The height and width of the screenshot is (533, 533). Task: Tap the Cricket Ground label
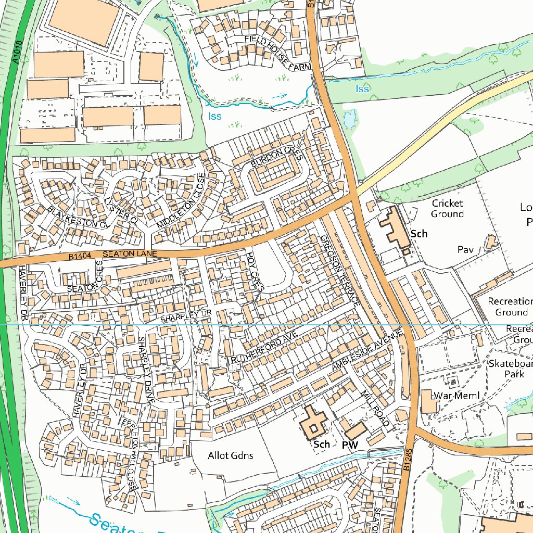(447, 208)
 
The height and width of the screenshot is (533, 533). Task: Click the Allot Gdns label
(230, 455)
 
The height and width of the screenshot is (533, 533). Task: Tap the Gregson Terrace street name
(340, 270)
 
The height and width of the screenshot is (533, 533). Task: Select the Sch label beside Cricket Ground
(418, 234)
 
